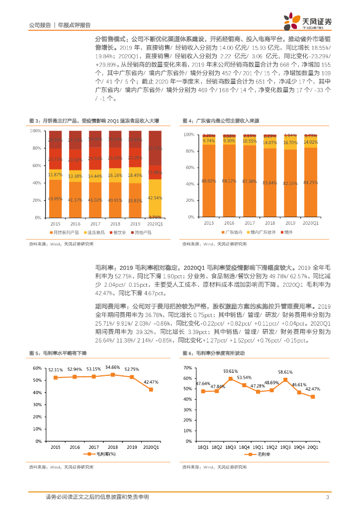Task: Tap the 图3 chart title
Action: point(94,121)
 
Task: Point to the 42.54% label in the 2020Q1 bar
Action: point(155,198)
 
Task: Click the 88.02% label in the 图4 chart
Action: point(208,181)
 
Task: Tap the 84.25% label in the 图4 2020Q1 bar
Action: point(310,182)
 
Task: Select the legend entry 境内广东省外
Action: point(262,232)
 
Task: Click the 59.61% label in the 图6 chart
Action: point(230,357)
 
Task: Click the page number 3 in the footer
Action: point(327,497)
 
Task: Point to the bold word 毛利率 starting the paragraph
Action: point(102,267)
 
